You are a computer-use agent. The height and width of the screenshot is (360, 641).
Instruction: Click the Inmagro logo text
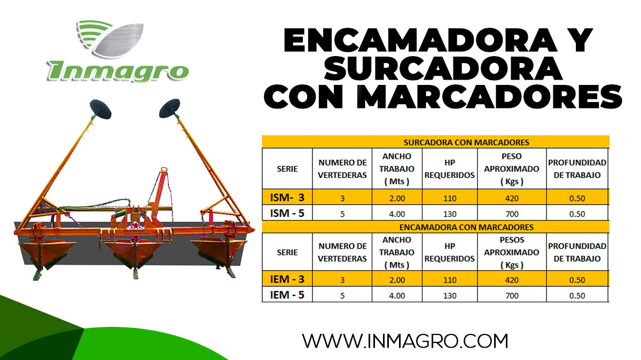[118, 69]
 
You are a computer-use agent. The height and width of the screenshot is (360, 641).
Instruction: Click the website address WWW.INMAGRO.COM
[405, 340]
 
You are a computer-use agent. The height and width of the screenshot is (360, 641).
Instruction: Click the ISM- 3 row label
[287, 198]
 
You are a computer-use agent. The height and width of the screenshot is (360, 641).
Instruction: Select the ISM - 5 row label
[287, 214]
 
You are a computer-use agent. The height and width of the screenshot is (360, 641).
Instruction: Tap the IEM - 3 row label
[287, 279]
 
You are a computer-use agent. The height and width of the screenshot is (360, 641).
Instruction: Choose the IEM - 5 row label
[287, 295]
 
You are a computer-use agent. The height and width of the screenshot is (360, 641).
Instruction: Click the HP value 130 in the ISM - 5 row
[449, 214]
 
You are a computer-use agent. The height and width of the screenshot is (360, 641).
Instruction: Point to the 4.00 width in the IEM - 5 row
[396, 295]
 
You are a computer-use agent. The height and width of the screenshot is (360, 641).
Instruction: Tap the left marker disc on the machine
[101, 109]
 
